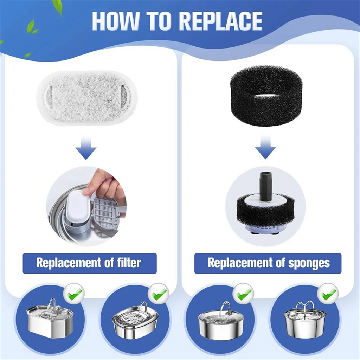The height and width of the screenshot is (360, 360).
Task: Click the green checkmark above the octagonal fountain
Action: (74, 294)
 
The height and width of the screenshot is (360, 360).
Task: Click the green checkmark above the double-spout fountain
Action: (328, 294)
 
